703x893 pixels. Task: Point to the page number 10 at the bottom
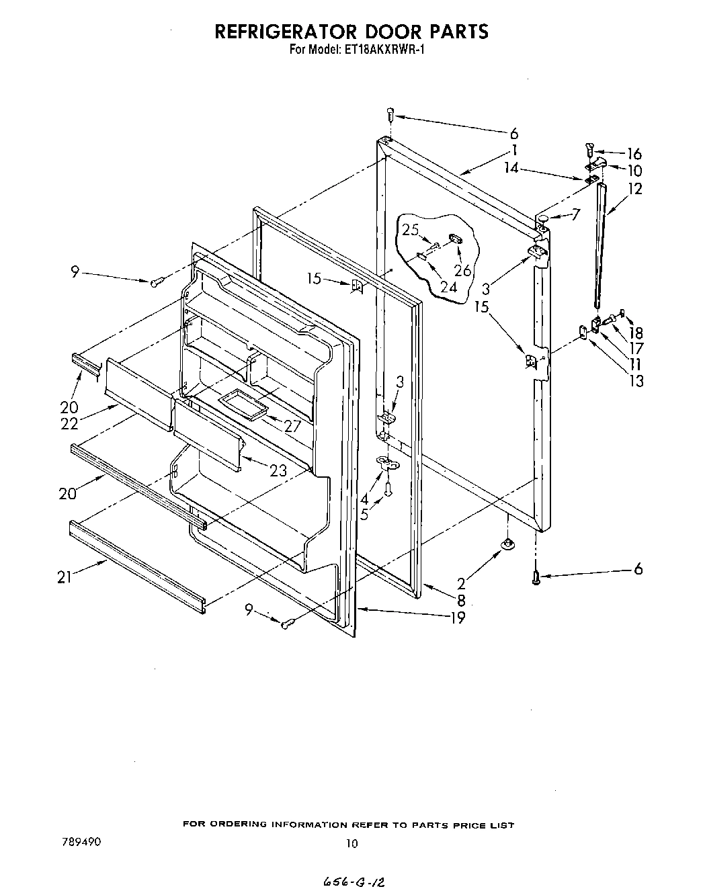tap(351, 845)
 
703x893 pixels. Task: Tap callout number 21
tap(65, 577)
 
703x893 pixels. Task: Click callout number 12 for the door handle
tap(634, 189)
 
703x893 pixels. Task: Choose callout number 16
tap(634, 154)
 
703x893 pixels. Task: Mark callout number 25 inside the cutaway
tap(411, 230)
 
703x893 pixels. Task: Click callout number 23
tap(278, 470)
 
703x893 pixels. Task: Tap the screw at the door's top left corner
tap(391, 115)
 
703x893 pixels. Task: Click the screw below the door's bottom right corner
tap(536, 577)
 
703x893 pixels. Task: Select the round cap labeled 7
tap(542, 219)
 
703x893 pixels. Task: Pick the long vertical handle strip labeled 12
tap(598, 242)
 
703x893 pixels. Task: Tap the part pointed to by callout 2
tap(508, 543)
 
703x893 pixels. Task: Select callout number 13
tap(635, 381)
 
